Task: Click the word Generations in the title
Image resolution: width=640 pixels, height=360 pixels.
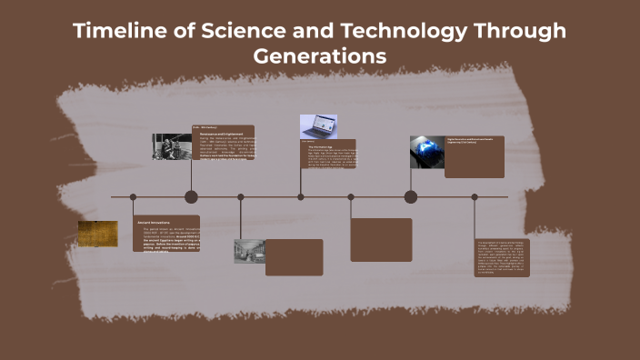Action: [x=319, y=56]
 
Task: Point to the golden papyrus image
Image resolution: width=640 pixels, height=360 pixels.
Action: [x=97, y=234]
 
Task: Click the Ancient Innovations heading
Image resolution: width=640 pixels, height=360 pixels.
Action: [x=155, y=222]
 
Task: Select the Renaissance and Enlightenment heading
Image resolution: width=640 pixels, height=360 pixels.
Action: [x=222, y=133]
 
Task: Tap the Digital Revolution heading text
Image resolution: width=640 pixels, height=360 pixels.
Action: [x=473, y=141]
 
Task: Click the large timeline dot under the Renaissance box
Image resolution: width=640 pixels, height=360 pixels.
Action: [x=191, y=196]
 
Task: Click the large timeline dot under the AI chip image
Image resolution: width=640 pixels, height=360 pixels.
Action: [x=411, y=196]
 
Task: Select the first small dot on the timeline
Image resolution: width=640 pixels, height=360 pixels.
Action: [x=133, y=196]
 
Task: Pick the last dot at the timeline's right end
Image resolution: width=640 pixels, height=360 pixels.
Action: [x=475, y=196]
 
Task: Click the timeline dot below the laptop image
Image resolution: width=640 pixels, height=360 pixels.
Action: [x=301, y=196]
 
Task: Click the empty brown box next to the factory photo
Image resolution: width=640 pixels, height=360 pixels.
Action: [x=295, y=257]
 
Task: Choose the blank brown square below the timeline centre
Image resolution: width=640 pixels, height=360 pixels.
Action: [x=381, y=240]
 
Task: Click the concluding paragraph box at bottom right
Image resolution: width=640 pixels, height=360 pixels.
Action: [x=504, y=258]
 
